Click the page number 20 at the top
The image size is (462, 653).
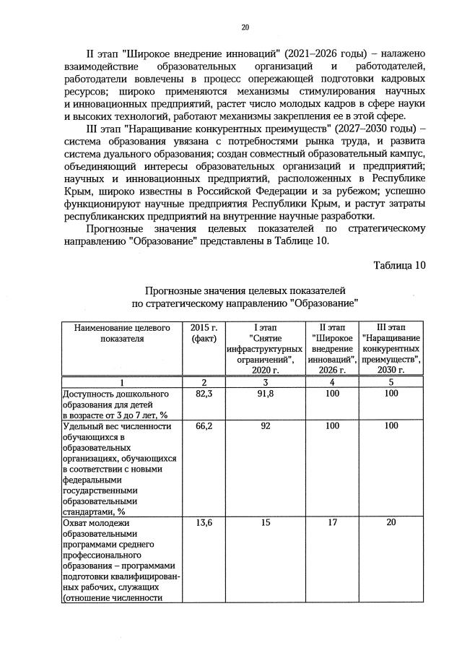click(x=245, y=27)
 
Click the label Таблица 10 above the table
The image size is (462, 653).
click(x=399, y=264)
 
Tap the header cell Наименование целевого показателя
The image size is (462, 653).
click(x=121, y=332)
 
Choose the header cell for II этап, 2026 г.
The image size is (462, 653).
click(x=333, y=348)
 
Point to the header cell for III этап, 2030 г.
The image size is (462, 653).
click(x=391, y=348)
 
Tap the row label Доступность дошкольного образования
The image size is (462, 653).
click(x=115, y=405)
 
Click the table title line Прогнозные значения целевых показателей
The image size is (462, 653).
click(x=245, y=289)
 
